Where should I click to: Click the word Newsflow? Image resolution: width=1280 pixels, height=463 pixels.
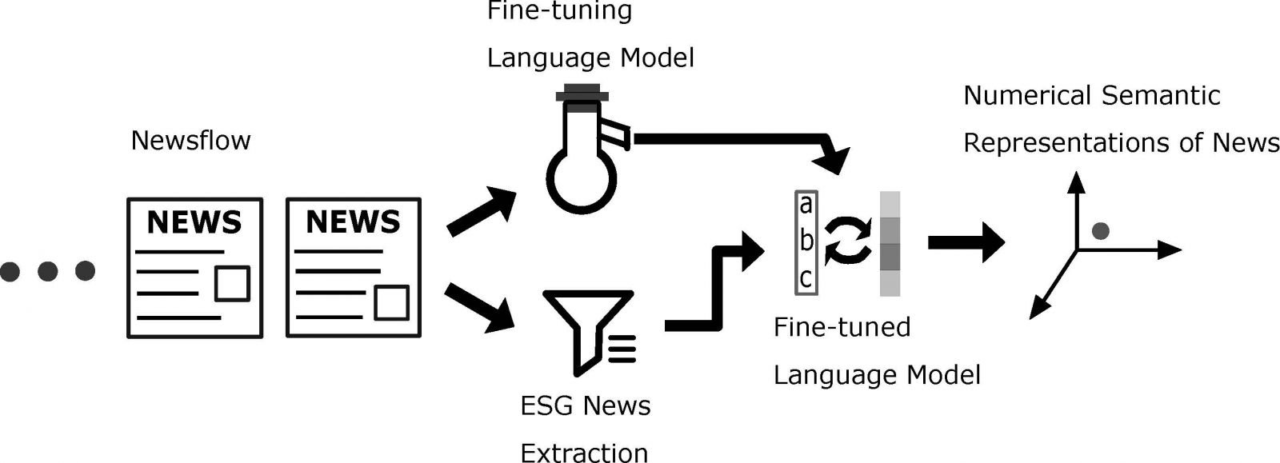pos(190,141)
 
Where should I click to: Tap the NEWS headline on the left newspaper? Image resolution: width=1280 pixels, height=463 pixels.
pos(194,222)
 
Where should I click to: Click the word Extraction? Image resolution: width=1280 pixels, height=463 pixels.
pos(584,453)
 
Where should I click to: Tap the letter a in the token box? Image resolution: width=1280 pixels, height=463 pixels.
pos(806,205)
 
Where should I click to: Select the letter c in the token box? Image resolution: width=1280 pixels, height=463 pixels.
pos(806,279)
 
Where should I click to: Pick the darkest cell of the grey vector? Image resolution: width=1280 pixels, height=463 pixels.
pos(890,257)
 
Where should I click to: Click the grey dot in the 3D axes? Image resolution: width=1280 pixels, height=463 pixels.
pos(1100,231)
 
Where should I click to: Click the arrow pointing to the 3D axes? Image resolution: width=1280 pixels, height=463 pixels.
pos(965,241)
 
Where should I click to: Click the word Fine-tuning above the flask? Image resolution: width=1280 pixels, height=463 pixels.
pos(560,11)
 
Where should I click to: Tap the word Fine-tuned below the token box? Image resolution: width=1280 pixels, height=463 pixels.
pos(842,327)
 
